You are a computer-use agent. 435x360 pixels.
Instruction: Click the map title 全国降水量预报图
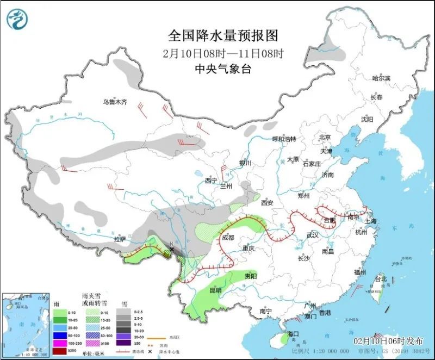tap(223, 36)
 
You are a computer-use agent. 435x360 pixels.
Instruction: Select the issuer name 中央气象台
tap(223, 69)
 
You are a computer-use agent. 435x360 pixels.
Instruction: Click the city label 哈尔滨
tap(381, 78)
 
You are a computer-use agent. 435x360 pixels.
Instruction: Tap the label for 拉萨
tap(120, 239)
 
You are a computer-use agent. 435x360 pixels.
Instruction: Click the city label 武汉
tap(312, 235)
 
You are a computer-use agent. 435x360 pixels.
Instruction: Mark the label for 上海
tap(371, 221)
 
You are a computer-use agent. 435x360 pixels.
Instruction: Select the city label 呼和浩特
tap(283, 139)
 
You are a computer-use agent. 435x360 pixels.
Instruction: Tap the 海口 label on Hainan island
tap(293, 333)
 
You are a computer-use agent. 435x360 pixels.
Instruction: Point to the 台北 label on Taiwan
tap(381, 279)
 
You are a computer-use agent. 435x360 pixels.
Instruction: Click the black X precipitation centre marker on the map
tap(172, 249)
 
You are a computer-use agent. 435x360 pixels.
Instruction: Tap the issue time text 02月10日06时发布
tap(388, 340)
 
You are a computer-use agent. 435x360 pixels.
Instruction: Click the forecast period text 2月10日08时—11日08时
tap(223, 53)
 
